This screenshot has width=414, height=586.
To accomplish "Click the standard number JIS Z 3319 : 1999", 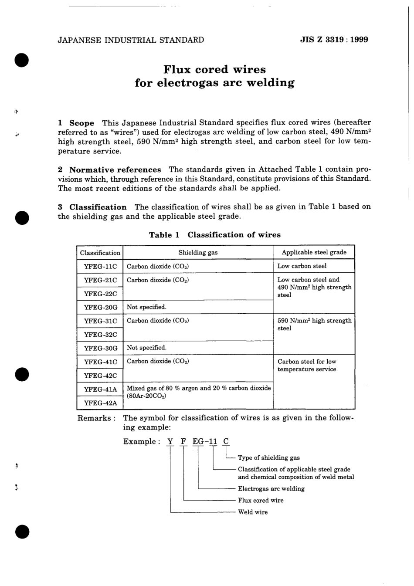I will [334, 40].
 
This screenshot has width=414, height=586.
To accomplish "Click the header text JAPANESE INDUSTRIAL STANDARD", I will [131, 40].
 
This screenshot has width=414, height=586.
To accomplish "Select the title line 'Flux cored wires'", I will [214, 69].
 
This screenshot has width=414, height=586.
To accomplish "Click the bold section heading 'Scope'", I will [81, 123].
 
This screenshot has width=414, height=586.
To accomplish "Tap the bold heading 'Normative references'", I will [115, 169].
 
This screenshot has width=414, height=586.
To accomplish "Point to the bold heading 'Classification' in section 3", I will [98, 207].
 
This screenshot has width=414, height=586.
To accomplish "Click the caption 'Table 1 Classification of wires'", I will [214, 235].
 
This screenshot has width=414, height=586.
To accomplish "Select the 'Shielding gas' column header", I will [198, 252].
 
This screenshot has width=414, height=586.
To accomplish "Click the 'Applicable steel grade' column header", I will [314, 252].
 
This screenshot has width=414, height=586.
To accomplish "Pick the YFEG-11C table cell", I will [100, 266].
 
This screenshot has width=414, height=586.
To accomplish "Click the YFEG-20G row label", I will [100, 307].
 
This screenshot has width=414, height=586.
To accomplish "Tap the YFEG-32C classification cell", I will [100, 335].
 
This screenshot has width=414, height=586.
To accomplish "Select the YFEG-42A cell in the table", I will [100, 403].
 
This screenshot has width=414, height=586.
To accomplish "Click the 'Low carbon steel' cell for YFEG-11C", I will [302, 266].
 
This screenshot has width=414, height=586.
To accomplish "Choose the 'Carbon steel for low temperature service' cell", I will [307, 365].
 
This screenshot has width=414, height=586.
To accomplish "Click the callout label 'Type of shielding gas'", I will [268, 457].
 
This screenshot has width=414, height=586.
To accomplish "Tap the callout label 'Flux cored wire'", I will [261, 500].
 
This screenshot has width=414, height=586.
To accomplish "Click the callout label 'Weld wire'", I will [253, 512].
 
